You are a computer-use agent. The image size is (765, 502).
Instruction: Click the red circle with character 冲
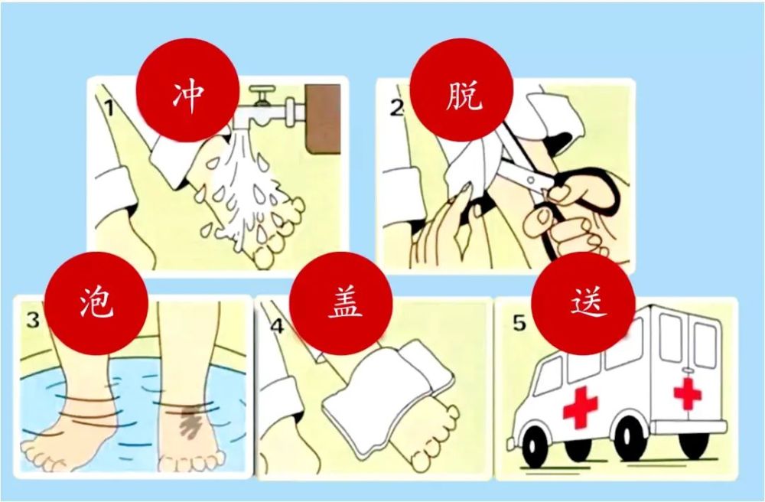[x=187, y=90]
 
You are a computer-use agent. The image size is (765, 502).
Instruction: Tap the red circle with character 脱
[x=461, y=90]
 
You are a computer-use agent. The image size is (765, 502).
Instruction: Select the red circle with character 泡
[x=96, y=304]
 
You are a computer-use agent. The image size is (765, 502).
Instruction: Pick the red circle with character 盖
[x=341, y=304]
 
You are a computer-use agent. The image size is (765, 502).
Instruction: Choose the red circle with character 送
[x=583, y=304]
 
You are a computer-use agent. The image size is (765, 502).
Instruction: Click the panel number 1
[x=109, y=108]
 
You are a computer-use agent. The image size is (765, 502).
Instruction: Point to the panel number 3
[x=33, y=320]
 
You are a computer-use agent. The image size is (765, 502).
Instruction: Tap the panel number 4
[x=277, y=326]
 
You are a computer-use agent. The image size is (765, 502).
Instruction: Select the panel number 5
[x=519, y=323]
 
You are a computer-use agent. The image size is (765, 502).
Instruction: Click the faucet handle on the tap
[x=262, y=94]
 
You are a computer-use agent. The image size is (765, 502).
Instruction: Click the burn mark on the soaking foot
[x=190, y=421]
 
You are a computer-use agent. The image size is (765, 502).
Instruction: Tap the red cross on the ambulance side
[x=580, y=407]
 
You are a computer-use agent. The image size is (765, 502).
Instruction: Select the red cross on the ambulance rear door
[x=688, y=393]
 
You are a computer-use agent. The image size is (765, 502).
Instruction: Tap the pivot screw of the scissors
[x=532, y=180]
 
